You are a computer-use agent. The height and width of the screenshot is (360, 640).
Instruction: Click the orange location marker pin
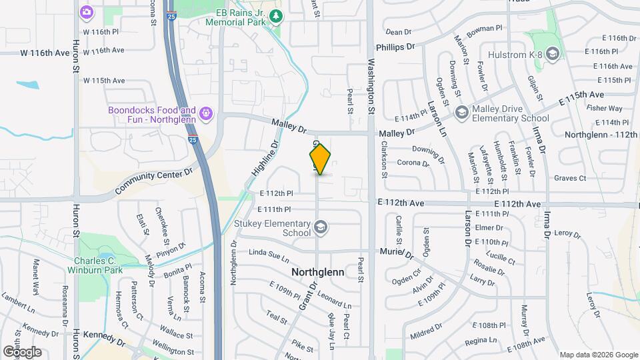coord(320,159)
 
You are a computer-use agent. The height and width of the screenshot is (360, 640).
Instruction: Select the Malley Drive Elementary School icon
coord(461,113)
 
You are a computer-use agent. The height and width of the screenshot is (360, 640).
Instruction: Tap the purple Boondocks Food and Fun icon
coord(206,114)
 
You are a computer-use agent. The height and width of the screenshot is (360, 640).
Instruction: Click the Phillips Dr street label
coord(395,47)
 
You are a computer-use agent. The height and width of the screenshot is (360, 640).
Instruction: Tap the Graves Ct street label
coord(570,178)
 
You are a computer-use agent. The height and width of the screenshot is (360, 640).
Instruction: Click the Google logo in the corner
coord(22,351)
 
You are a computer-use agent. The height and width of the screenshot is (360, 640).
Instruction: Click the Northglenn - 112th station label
coord(601,134)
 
